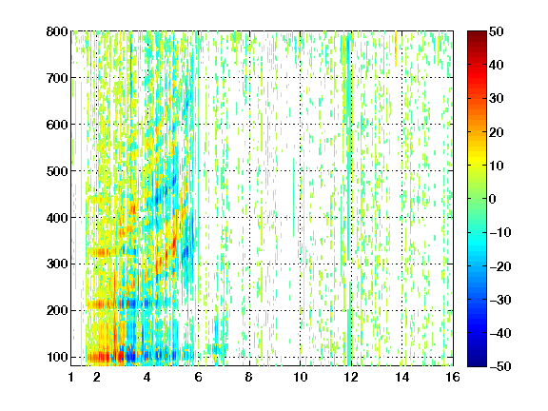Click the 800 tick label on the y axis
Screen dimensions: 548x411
[57, 31]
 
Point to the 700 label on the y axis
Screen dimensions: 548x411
[57, 78]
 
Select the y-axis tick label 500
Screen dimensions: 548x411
[57, 171]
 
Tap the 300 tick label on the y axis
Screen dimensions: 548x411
[57, 264]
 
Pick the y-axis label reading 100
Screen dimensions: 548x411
[57, 357]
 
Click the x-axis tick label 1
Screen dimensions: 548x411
[71, 377]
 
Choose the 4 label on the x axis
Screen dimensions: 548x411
[147, 377]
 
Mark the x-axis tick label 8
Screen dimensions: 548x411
[249, 377]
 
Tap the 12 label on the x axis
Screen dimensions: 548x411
[350, 377]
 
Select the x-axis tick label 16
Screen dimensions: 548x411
[453, 377]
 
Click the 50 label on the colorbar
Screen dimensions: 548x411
[497, 31]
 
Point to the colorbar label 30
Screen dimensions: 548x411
[497, 99]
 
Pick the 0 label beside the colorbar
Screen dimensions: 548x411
[493, 199]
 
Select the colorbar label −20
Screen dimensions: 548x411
[500, 266]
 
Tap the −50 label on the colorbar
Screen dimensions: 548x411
[500, 366]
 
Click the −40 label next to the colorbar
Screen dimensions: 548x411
[500, 333]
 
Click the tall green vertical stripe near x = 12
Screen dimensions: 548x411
[349, 199]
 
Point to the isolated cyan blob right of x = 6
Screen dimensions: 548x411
[217, 349]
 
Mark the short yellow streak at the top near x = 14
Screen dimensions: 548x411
[396, 49]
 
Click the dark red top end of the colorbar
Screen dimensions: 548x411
[477, 35]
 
